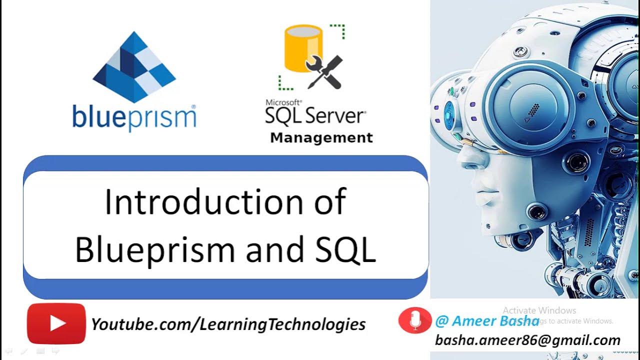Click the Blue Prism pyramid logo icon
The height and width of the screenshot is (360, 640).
click(134, 67)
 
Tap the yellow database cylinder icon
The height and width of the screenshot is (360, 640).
click(303, 48)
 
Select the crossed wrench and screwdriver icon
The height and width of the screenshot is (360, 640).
click(324, 71)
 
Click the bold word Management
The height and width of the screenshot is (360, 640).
click(321, 138)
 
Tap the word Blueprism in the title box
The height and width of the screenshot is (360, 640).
click(155, 248)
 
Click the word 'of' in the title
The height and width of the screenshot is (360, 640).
click(329, 202)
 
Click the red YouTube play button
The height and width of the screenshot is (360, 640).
click(56, 323)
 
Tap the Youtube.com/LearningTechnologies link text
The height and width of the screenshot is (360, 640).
click(228, 324)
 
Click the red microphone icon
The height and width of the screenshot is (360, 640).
click(414, 320)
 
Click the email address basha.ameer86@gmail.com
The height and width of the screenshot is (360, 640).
click(527, 340)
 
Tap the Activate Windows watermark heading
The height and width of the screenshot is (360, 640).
click(539, 310)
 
